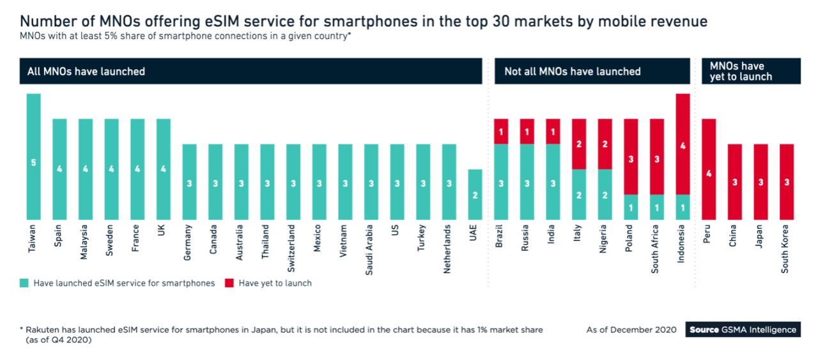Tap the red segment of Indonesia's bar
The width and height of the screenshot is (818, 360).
pyautogui.click(x=683, y=144)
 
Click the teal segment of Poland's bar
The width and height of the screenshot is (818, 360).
pyautogui.click(x=631, y=207)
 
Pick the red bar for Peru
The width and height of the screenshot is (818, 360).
pyautogui.click(x=709, y=169)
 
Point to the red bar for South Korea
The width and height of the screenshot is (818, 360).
pyautogui.click(x=787, y=182)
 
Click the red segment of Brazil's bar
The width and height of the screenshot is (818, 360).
pyautogui.click(x=500, y=131)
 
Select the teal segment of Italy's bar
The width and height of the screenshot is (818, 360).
pyautogui.click(x=579, y=194)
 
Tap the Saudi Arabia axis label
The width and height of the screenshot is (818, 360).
pyautogui.click(x=369, y=249)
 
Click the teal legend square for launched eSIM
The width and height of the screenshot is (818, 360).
pyautogui.click(x=24, y=283)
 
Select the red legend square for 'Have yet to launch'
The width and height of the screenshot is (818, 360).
pyautogui.click(x=229, y=283)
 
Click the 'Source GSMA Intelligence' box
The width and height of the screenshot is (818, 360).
pyautogui.click(x=743, y=330)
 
